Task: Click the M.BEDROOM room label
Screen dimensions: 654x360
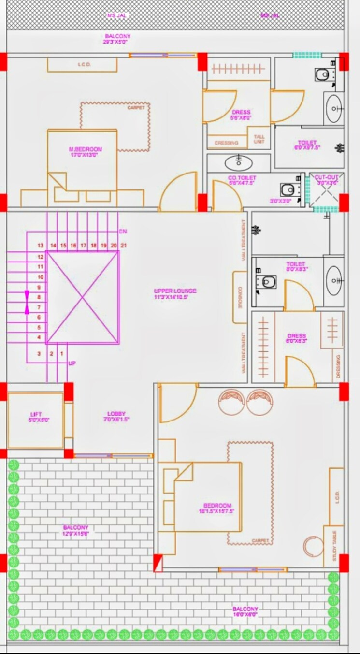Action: [86, 149]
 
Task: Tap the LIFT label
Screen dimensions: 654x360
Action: [36, 414]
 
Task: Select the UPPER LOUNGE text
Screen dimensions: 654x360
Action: [175, 291]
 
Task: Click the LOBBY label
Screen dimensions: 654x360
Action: [116, 414]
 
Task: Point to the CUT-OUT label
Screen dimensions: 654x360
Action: [327, 178]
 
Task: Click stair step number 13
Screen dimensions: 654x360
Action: [41, 246]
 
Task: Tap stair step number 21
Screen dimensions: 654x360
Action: [124, 246]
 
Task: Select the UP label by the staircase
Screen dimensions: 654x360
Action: [72, 363]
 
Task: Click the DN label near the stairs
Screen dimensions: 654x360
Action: [123, 231]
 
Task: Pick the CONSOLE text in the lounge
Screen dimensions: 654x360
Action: [240, 297]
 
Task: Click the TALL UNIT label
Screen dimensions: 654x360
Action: [259, 139]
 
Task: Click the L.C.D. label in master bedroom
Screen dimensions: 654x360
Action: [85, 65]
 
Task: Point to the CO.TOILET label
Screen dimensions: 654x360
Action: [242, 178]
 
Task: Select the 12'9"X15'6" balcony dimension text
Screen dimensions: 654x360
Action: [75, 534]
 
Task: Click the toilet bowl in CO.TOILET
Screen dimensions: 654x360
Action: [288, 189]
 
